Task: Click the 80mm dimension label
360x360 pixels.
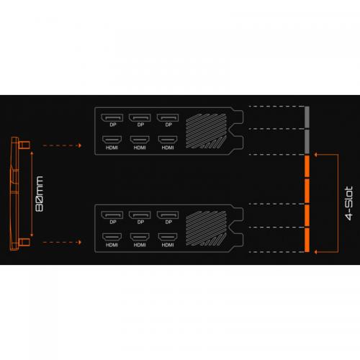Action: (x=40, y=194)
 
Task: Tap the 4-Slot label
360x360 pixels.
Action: (x=349, y=203)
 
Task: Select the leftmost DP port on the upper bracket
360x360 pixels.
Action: (x=112, y=118)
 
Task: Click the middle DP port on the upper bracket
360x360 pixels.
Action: (x=140, y=118)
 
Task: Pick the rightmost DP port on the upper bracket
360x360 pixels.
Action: (x=168, y=118)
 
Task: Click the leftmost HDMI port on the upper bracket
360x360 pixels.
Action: (x=112, y=140)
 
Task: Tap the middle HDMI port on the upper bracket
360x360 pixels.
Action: (x=140, y=140)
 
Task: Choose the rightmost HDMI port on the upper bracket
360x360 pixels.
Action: (x=168, y=140)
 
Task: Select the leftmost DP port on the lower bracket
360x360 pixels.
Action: (x=112, y=215)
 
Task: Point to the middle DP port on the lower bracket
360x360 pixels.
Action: (x=140, y=215)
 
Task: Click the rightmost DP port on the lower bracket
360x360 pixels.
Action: (x=168, y=215)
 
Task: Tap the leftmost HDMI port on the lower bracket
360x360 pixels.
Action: (x=112, y=237)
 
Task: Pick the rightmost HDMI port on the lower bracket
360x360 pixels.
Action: (x=168, y=237)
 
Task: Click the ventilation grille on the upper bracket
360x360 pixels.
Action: (x=206, y=131)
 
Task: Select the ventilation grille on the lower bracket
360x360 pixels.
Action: (x=206, y=228)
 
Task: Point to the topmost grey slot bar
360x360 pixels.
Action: (x=307, y=117)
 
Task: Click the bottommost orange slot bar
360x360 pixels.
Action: (x=307, y=240)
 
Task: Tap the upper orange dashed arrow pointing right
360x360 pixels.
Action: (x=62, y=145)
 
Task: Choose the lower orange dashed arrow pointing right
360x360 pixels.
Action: (x=62, y=243)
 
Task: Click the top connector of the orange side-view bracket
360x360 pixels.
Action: (x=24, y=145)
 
